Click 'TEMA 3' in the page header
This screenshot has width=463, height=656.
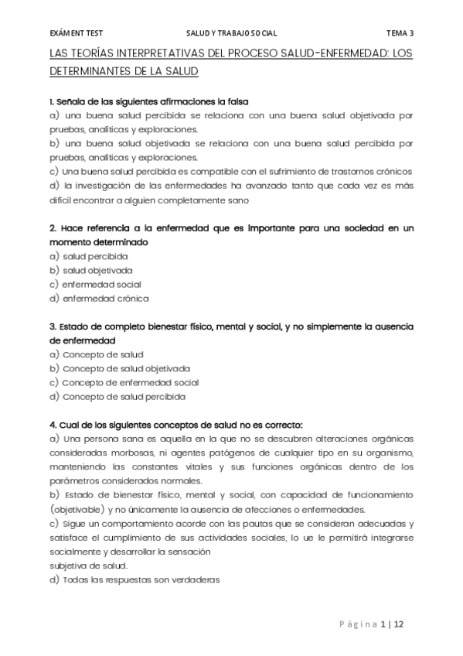point(400,33)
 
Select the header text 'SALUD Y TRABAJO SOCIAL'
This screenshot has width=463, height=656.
point(232,33)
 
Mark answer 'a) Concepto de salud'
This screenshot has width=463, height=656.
point(96,354)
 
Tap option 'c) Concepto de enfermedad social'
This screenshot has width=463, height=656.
point(123,382)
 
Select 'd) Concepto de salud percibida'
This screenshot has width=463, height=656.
point(117,397)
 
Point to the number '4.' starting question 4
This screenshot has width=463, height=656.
point(53,425)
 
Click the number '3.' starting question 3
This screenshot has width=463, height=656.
point(53,326)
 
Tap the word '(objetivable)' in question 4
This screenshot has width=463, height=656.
point(77,510)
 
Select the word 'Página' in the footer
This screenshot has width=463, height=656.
point(357,624)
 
